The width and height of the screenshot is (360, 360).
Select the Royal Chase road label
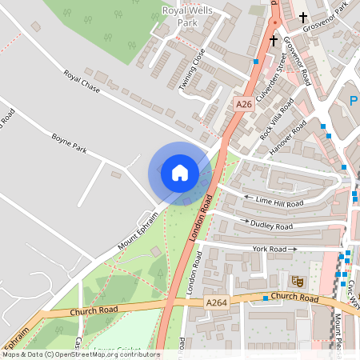pos(82,82)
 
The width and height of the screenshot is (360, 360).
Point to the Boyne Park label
pos(68,143)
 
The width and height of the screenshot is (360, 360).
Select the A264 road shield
pos(216,303)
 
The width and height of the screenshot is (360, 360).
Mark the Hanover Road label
pos(289,137)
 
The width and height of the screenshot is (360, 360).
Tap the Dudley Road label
pos(271,226)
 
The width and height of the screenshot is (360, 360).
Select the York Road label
pos(270,249)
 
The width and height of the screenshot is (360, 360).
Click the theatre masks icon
pos(297,281)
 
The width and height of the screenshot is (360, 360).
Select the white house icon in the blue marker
pos(180,173)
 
